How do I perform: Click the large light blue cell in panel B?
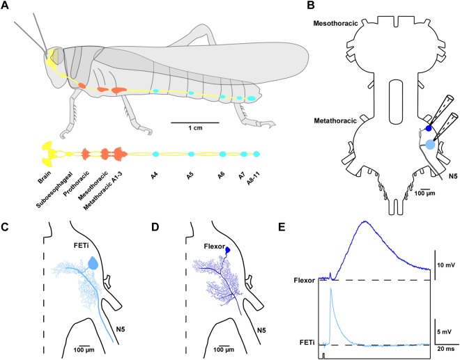pyautogui.click(x=430, y=146)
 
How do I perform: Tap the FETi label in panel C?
pyautogui.click(x=79, y=246)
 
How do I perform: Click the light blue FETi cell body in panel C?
pyautogui.click(x=93, y=263)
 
